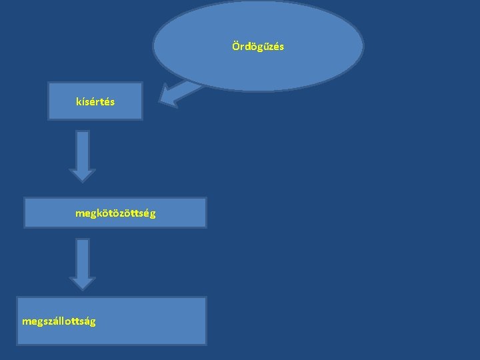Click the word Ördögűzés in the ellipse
pyautogui.click(x=258, y=47)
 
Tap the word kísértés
pyautogui.click(x=95, y=102)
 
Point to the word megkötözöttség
pyautogui.click(x=115, y=213)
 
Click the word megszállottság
pyautogui.click(x=59, y=321)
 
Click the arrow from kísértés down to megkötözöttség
pyautogui.click(x=83, y=155)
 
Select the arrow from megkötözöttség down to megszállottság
pyautogui.click(x=83, y=264)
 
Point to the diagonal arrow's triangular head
pyautogui.click(x=169, y=97)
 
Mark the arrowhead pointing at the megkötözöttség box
pyautogui.click(x=83, y=175)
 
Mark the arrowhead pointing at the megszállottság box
pyautogui.click(x=83, y=283)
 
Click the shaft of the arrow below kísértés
pyautogui.click(x=83, y=148)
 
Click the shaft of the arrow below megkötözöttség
pyautogui.click(x=83, y=257)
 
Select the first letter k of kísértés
pyautogui.click(x=79, y=102)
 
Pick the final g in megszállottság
pyautogui.click(x=93, y=322)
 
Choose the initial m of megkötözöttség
pyautogui.click(x=79, y=214)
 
